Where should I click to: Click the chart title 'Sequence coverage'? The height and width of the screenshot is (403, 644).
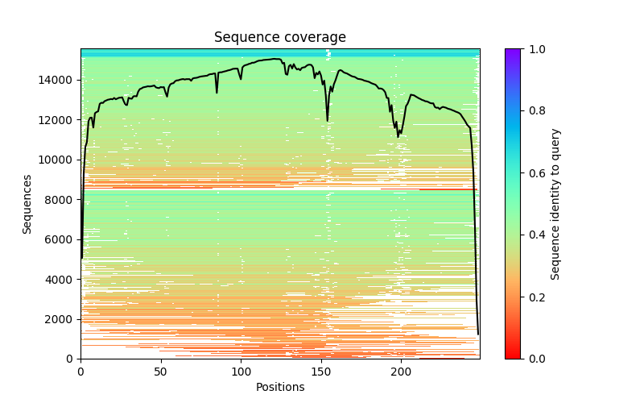pos(280,37)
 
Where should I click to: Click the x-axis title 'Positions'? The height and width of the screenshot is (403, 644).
pos(280,387)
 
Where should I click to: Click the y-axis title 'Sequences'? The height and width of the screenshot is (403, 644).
pos(27,204)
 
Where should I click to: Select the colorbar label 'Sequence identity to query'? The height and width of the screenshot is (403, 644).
pos(555,204)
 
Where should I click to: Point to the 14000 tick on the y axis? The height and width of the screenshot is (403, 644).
pos(59,80)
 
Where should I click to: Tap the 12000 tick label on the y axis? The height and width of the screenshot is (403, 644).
pos(59,120)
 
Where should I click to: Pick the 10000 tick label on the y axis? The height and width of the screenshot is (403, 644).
pos(59,160)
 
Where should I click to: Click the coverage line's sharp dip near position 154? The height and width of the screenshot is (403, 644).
pos(328,120)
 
